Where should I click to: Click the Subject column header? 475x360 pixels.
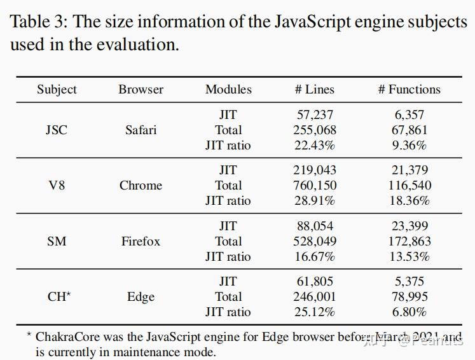pos(57,90)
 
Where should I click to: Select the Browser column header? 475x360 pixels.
pos(141,90)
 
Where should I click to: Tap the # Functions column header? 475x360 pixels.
pos(409,90)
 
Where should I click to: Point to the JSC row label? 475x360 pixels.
pos(57,130)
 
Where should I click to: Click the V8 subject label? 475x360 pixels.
pos(57,186)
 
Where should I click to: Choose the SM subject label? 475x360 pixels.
pos(57,242)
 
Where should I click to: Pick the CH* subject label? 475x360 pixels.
pos(59,297)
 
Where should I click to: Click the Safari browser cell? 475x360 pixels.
pos(141,130)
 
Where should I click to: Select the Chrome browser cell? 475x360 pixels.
pos(141,186)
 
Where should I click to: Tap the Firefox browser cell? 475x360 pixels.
pos(141,242)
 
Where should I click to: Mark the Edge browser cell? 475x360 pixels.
pos(141,297)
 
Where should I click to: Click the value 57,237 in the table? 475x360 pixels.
pos(315,115)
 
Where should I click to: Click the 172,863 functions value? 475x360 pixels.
pos(410,242)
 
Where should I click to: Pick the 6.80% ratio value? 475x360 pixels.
pos(410,312)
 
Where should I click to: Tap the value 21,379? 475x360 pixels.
pos(410,170)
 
